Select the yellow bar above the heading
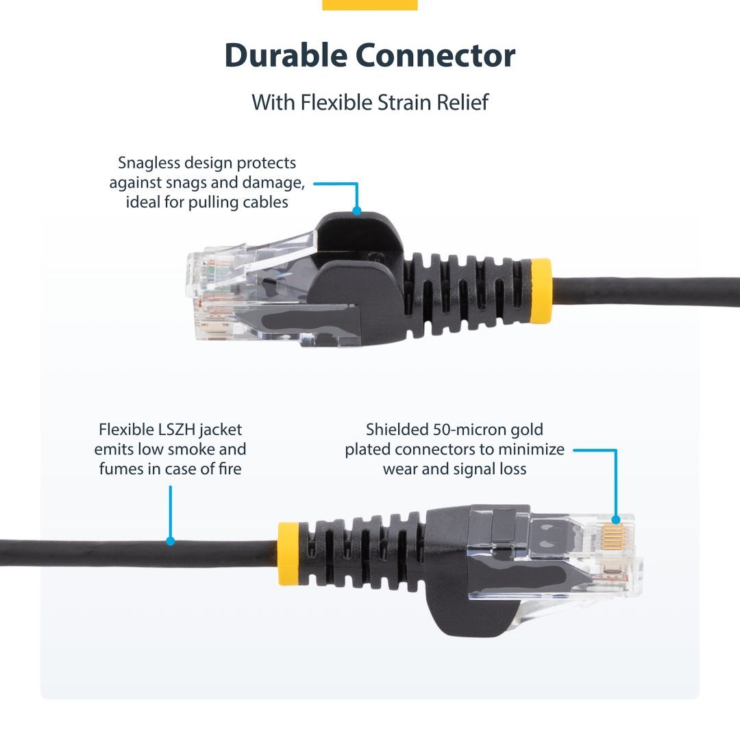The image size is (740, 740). tap(369, 5)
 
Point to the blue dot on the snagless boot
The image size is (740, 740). tap(356, 210)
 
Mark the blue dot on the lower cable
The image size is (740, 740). tap(171, 541)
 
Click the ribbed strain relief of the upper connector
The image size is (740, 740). tap(466, 291)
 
